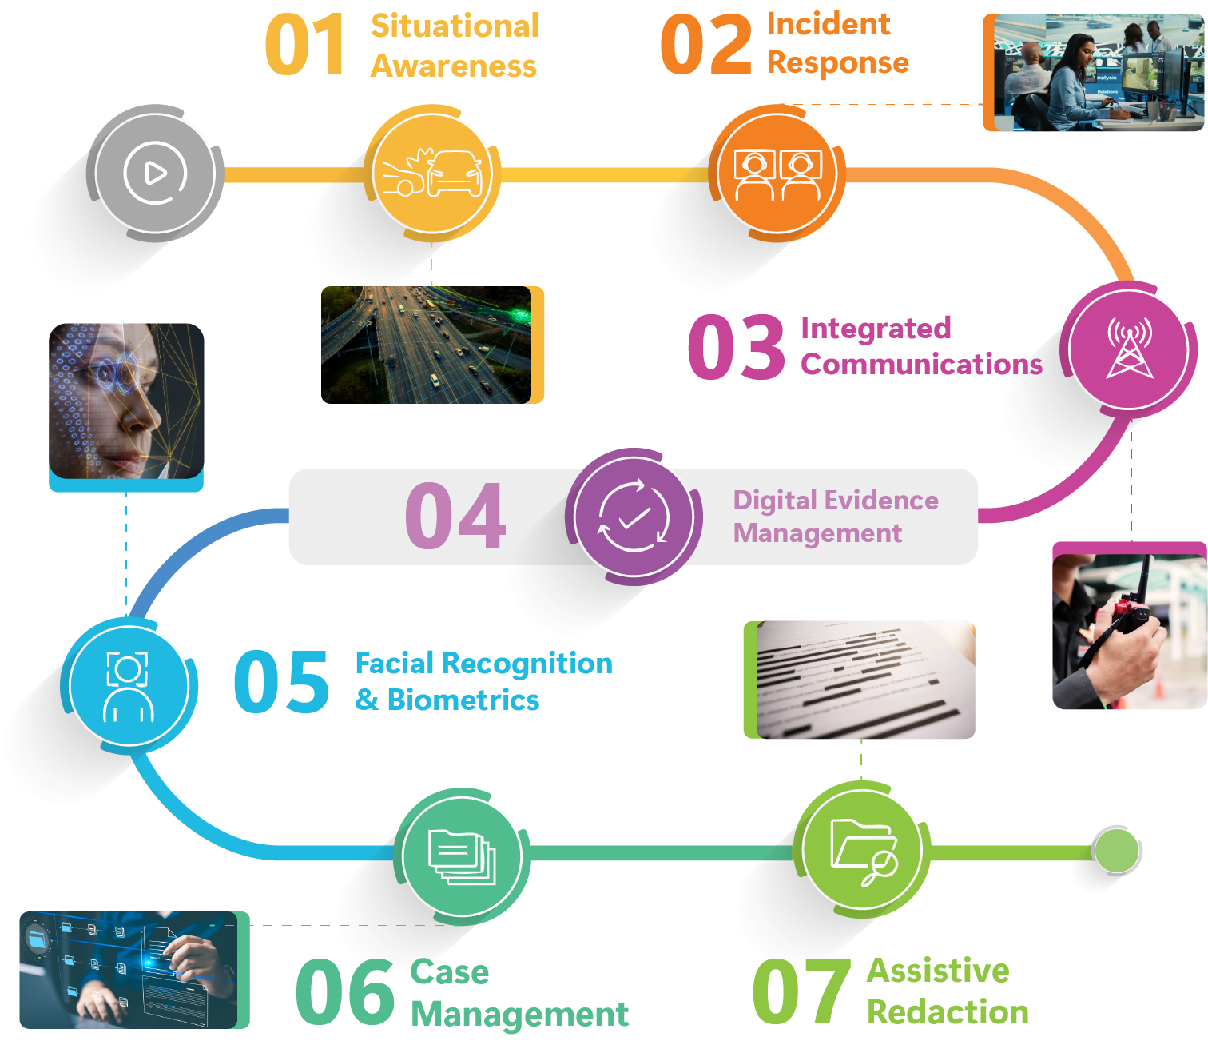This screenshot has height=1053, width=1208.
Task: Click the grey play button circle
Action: point(155,173)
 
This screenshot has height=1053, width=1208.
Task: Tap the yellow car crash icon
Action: point(432,174)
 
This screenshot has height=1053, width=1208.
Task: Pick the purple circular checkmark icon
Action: point(634,517)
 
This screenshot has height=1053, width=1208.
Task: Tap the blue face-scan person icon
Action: point(128,686)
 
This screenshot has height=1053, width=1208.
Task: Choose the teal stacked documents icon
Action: point(462,856)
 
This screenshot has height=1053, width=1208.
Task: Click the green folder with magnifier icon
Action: point(863,851)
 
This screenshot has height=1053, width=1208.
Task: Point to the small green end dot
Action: point(1116,851)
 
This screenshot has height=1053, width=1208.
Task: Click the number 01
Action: point(305,46)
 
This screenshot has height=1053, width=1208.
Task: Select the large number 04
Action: point(455,517)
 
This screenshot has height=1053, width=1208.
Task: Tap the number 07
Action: point(801,991)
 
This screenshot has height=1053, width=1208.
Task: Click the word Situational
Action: point(455,26)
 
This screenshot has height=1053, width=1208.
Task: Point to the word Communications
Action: point(921,365)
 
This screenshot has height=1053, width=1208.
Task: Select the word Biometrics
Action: point(463,700)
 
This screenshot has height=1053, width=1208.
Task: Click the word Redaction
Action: point(948,1012)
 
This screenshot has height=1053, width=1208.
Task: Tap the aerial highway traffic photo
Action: point(427,345)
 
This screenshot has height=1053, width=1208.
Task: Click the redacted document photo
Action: point(863,680)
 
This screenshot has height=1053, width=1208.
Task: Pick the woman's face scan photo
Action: point(126,401)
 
